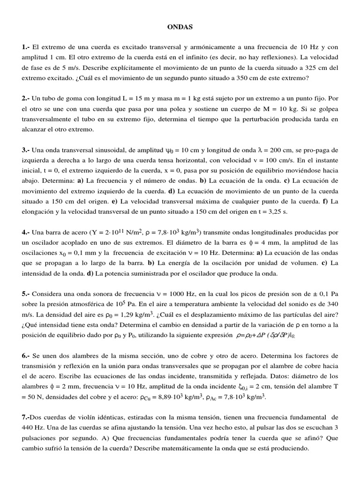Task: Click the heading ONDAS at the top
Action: point(180,28)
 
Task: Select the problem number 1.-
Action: point(25,47)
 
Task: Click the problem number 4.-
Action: point(25,232)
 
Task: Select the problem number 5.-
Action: point(25,293)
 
